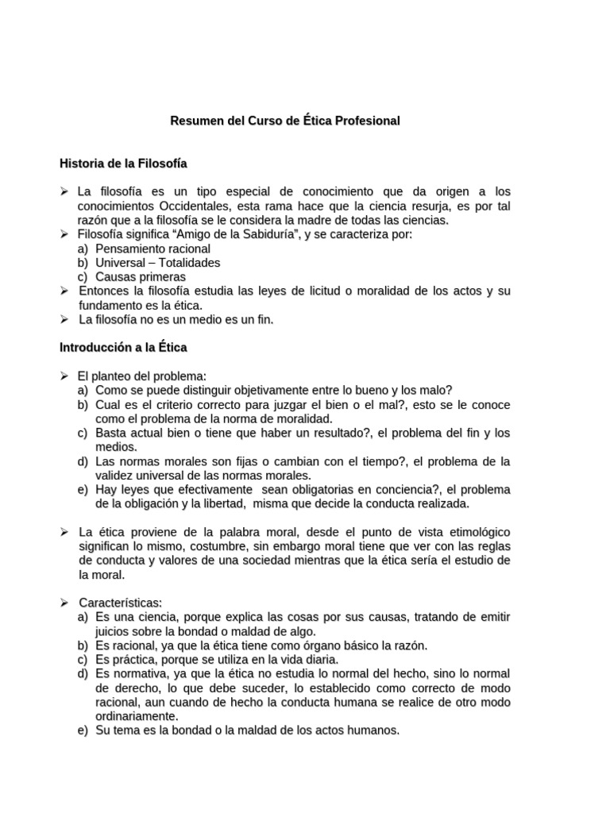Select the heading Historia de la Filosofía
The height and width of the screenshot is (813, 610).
(123, 164)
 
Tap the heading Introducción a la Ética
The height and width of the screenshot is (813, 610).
(123, 347)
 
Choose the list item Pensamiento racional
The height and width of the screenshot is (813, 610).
(152, 249)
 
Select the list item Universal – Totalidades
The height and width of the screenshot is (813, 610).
(157, 263)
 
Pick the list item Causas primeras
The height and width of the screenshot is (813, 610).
(141, 277)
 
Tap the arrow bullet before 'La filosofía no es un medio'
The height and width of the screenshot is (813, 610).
(65, 320)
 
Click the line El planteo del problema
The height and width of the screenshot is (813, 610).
(142, 376)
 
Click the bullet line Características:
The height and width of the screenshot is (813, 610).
(120, 603)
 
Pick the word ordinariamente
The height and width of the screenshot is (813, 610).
(136, 716)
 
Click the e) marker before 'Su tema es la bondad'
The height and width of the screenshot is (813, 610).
(83, 730)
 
